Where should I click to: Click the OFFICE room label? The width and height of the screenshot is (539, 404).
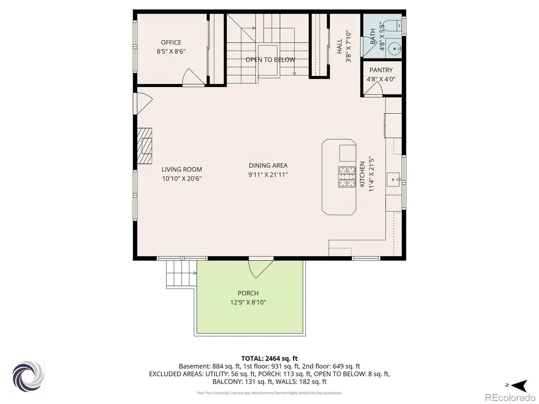(x=171, y=42)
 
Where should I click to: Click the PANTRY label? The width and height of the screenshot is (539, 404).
(x=381, y=70)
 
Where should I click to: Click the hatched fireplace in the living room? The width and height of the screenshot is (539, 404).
(x=145, y=146)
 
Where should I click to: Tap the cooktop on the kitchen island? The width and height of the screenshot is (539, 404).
(x=347, y=177)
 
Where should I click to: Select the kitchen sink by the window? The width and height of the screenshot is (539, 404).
(x=393, y=179)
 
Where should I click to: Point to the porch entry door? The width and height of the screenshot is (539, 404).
(x=261, y=269)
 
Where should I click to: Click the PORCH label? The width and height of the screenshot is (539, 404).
(x=248, y=293)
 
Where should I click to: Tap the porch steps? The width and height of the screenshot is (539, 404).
(x=182, y=274)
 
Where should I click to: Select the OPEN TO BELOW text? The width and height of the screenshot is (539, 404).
(x=271, y=60)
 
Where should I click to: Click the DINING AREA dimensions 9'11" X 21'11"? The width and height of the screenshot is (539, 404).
(x=268, y=175)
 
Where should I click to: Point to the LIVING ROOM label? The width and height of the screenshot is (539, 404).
(x=182, y=169)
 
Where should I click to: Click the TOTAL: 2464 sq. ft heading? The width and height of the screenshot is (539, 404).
(x=269, y=358)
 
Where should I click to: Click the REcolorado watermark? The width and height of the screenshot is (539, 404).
(x=510, y=397)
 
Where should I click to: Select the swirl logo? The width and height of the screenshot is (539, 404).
(x=28, y=376)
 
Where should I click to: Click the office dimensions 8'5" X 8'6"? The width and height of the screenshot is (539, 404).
(x=171, y=52)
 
